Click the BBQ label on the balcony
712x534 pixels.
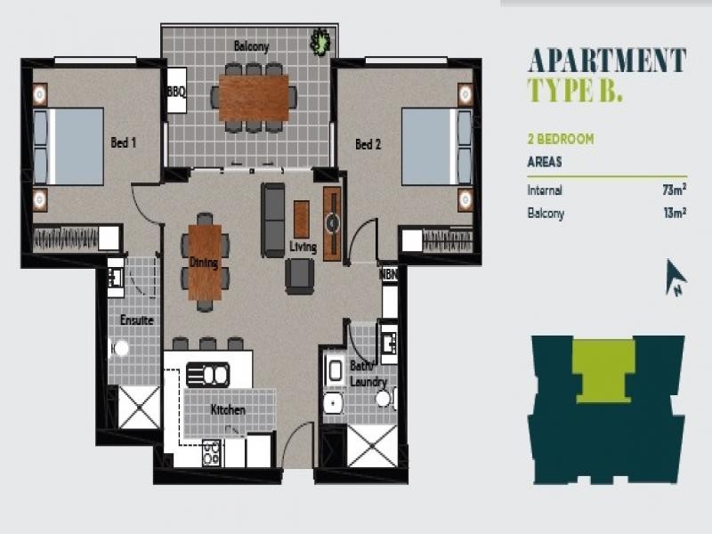[x=176, y=92]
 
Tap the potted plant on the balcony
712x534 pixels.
[x=320, y=42]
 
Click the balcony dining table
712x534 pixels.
[x=254, y=98]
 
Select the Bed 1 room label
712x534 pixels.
[x=124, y=142]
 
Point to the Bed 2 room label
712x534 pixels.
[x=368, y=144]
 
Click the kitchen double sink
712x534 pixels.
[x=207, y=375]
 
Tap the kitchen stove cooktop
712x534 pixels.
[x=211, y=453]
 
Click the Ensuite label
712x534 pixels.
[x=137, y=320]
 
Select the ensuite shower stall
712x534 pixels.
[x=139, y=408]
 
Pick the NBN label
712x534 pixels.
[x=388, y=275]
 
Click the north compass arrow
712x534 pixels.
[x=676, y=277]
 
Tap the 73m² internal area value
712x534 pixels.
[x=674, y=190]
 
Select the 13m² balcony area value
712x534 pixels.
[x=675, y=213]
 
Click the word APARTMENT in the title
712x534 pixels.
[x=607, y=61]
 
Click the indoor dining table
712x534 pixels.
[x=205, y=263]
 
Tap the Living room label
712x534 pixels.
[x=303, y=247]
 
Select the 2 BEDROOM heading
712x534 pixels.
[x=561, y=139]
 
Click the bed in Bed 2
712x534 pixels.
[x=437, y=146]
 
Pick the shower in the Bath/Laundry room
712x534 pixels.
[x=372, y=446]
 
